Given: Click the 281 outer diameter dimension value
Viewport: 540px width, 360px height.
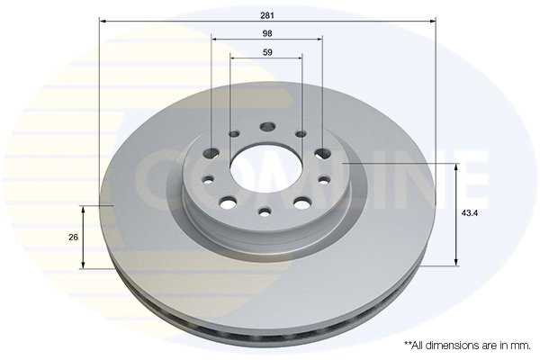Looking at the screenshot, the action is coord(267,15).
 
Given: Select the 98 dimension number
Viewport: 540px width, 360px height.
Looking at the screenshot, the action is coord(267,33).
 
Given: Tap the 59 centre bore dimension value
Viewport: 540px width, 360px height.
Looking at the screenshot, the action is coord(267,52).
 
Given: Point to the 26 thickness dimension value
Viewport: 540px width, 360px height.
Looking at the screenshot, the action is coord(73,237).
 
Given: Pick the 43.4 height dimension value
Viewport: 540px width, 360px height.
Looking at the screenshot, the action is coord(470,213).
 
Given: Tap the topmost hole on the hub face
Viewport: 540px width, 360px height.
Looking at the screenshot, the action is coord(267,126).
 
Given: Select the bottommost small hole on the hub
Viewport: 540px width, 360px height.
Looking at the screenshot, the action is coord(265,211).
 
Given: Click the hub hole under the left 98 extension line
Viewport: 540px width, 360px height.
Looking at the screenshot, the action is coord(211,153).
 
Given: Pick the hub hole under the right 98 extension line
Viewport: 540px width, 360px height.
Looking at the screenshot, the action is coord(323,153).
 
